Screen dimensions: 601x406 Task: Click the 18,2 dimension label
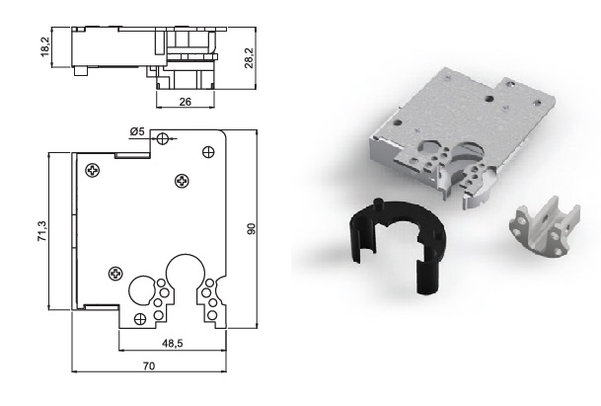point(45,47)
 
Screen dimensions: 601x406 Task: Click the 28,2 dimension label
point(249,58)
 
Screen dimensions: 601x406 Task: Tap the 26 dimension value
point(186,102)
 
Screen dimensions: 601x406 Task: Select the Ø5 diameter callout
point(137,131)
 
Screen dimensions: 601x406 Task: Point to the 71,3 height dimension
point(41,231)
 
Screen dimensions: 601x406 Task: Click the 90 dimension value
point(251,229)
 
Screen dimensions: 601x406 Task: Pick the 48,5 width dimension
point(173,344)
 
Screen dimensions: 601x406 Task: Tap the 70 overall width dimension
point(149,366)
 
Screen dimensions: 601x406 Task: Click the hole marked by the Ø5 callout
point(163,138)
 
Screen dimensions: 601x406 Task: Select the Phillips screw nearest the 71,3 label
point(93,170)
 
